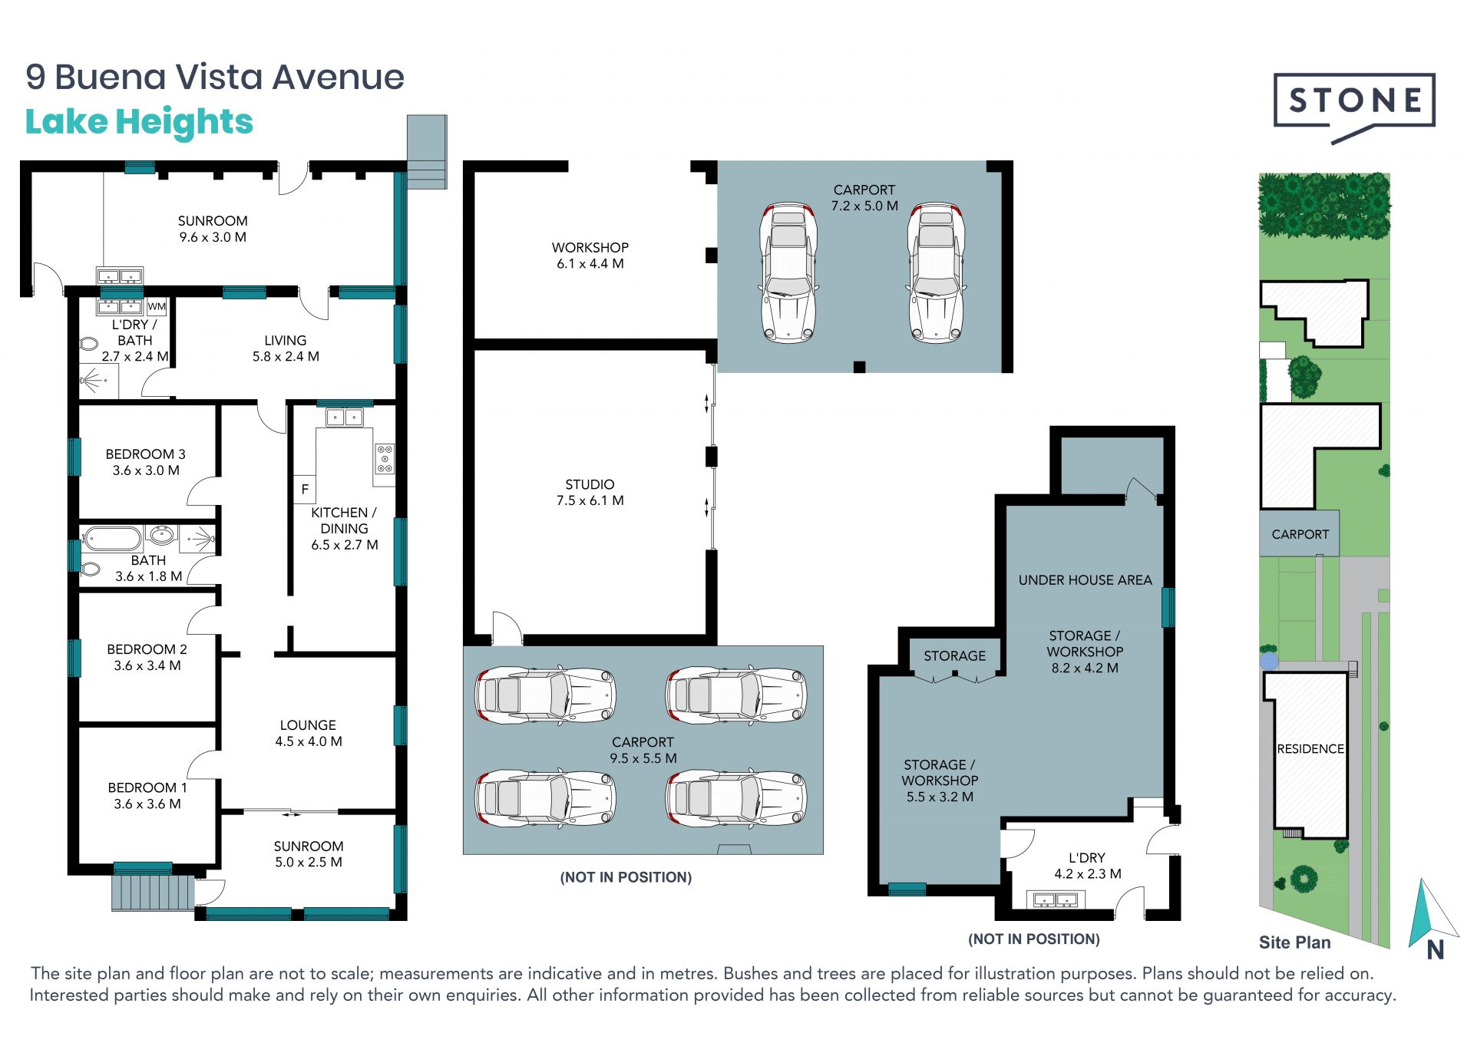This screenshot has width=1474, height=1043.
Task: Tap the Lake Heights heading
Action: click(x=139, y=122)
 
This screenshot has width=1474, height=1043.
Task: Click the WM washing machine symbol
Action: click(x=157, y=307)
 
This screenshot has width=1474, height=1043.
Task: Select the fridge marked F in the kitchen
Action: click(x=305, y=489)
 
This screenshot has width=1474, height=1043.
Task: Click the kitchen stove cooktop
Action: click(x=384, y=458)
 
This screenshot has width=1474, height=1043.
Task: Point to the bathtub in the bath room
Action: click(x=112, y=538)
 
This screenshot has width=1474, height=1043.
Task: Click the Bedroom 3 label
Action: click(x=146, y=462)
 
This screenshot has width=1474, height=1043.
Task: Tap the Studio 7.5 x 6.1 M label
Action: click(x=590, y=493)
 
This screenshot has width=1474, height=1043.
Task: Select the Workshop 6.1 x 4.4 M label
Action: click(x=590, y=256)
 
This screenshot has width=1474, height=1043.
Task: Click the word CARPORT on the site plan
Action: click(x=1300, y=534)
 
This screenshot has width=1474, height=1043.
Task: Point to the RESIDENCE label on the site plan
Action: click(x=1310, y=749)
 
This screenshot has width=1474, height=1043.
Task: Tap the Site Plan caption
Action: click(x=1294, y=942)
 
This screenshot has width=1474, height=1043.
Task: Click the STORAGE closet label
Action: click(x=954, y=656)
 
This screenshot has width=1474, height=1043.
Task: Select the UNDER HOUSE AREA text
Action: click(x=1085, y=580)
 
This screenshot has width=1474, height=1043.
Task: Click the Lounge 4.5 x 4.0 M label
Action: click(x=308, y=733)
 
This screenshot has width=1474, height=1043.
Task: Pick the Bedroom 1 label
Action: click(x=147, y=796)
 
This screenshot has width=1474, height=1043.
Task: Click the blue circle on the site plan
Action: click(x=1269, y=661)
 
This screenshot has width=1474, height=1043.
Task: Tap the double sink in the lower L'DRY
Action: click(x=1056, y=899)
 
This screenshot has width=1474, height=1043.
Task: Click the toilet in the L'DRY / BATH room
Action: click(x=88, y=344)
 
